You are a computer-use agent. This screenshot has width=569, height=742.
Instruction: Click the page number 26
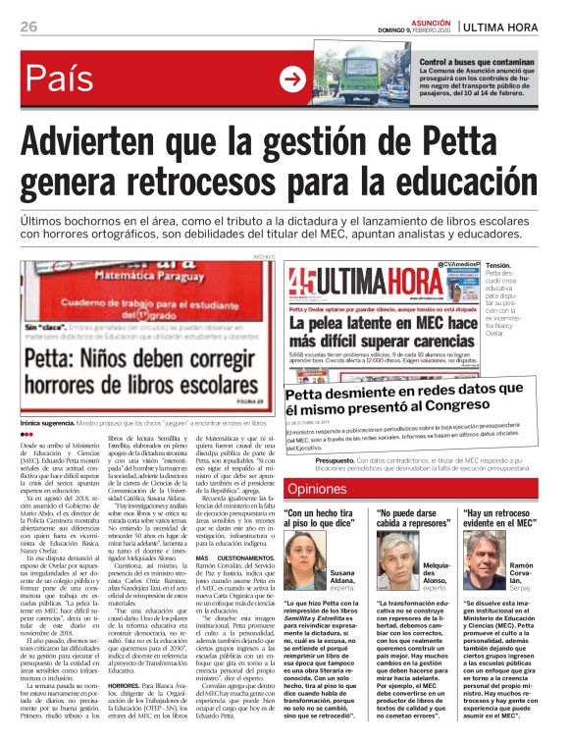(28, 26)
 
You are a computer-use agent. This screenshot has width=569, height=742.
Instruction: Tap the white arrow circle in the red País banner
(292, 79)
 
